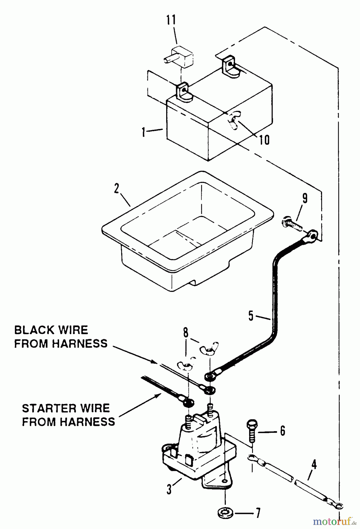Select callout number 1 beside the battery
point(143,132)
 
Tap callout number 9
point(305,199)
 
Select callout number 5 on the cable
point(251,316)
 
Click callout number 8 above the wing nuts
point(186,333)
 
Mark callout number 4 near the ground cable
point(314,465)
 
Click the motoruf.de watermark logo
point(335,521)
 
